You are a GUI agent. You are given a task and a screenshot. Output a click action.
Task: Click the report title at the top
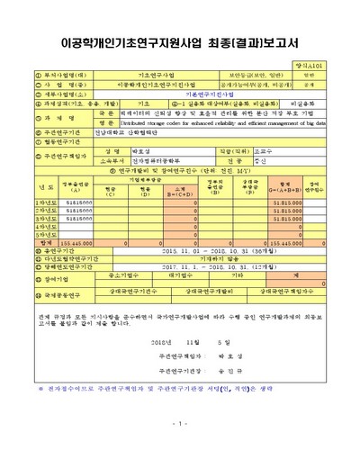click(179, 42)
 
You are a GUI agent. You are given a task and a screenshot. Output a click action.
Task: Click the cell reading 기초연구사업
click(156, 76)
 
